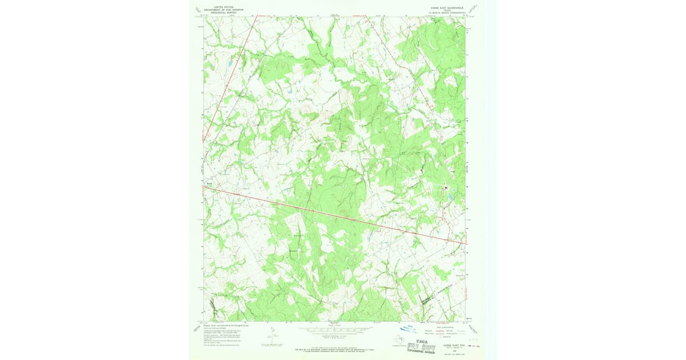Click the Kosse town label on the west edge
209,183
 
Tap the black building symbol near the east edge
446,187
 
